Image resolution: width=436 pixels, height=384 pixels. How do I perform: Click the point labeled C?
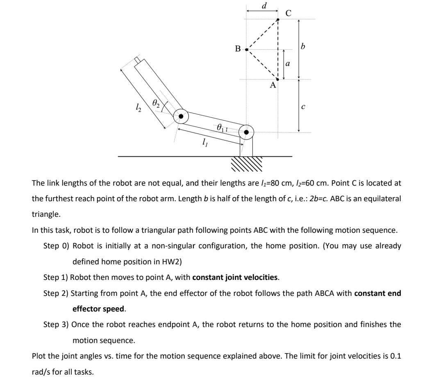[x=278, y=19]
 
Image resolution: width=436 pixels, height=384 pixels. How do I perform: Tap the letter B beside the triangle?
[x=238, y=50]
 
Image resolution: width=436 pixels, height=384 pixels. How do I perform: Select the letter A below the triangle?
[x=273, y=86]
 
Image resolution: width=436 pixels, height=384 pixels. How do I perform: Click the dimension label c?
[x=303, y=107]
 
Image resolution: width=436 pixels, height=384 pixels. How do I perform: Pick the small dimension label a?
[x=288, y=64]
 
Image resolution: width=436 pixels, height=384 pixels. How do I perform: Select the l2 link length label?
[x=128, y=108]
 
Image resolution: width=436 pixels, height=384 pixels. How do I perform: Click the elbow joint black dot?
[x=180, y=116]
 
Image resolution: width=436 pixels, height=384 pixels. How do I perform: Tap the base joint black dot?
[x=246, y=132]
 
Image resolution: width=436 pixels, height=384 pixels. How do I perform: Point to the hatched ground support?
[x=246, y=165]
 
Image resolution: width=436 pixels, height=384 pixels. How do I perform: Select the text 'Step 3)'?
[x=56, y=325]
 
